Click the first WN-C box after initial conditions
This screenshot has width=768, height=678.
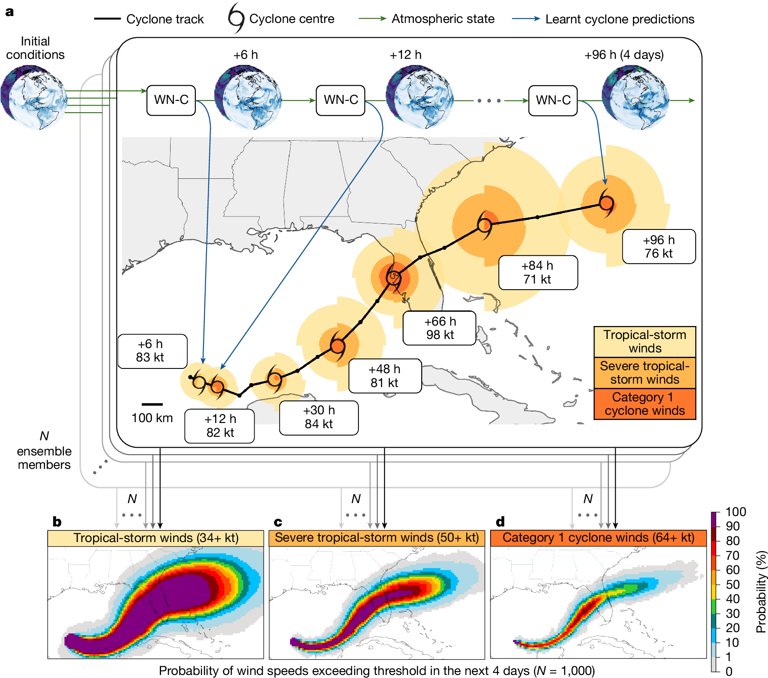click(x=171, y=100)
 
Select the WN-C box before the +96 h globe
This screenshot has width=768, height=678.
click(x=553, y=100)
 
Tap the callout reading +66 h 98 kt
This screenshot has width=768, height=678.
click(x=439, y=328)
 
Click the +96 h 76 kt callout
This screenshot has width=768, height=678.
click(x=659, y=247)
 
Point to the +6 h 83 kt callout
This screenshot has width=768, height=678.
click(x=152, y=351)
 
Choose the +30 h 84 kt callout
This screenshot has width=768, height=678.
click(x=319, y=418)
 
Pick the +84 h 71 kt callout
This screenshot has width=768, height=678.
click(x=538, y=273)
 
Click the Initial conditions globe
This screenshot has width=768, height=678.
click(x=34, y=97)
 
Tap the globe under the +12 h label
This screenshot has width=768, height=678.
click(x=419, y=97)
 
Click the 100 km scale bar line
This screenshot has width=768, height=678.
click(x=152, y=404)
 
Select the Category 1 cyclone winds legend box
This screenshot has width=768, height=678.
click(x=645, y=404)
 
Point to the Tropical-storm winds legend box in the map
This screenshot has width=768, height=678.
click(x=645, y=342)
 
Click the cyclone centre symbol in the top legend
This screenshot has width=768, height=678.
click(x=236, y=18)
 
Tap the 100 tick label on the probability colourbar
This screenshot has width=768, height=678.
click(x=736, y=512)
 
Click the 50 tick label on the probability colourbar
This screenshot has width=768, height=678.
click(x=733, y=584)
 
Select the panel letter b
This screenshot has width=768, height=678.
click(x=57, y=522)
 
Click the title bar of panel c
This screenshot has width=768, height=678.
click(x=377, y=538)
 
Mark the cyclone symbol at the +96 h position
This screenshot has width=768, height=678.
click(x=607, y=203)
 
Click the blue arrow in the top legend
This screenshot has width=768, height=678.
click(x=526, y=19)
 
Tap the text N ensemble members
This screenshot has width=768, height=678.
click(x=44, y=450)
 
